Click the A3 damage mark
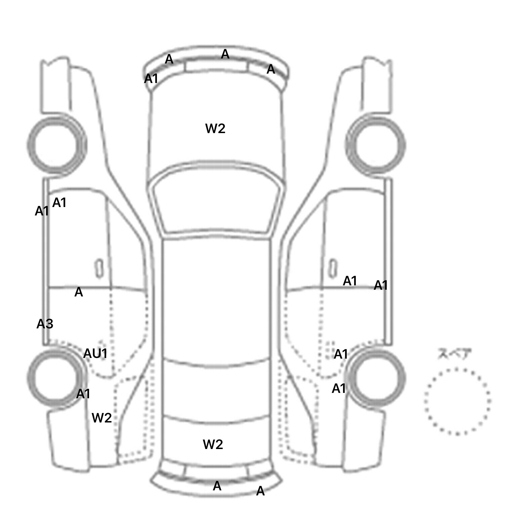[x=45, y=324]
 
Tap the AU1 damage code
[x=95, y=354]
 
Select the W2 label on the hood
[x=215, y=128]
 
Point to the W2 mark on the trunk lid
[x=213, y=444]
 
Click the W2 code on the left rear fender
[x=101, y=418]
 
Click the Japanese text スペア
[x=454, y=354]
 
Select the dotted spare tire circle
[x=457, y=401]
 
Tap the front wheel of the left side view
[x=56, y=145]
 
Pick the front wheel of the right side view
[x=376, y=145]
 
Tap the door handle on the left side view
[x=99, y=268]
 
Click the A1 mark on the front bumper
[x=151, y=79]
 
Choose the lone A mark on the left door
[x=78, y=292]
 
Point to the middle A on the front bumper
[x=225, y=54]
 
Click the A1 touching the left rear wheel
[x=83, y=394]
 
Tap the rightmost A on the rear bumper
[x=260, y=491]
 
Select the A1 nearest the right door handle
[x=350, y=281]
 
